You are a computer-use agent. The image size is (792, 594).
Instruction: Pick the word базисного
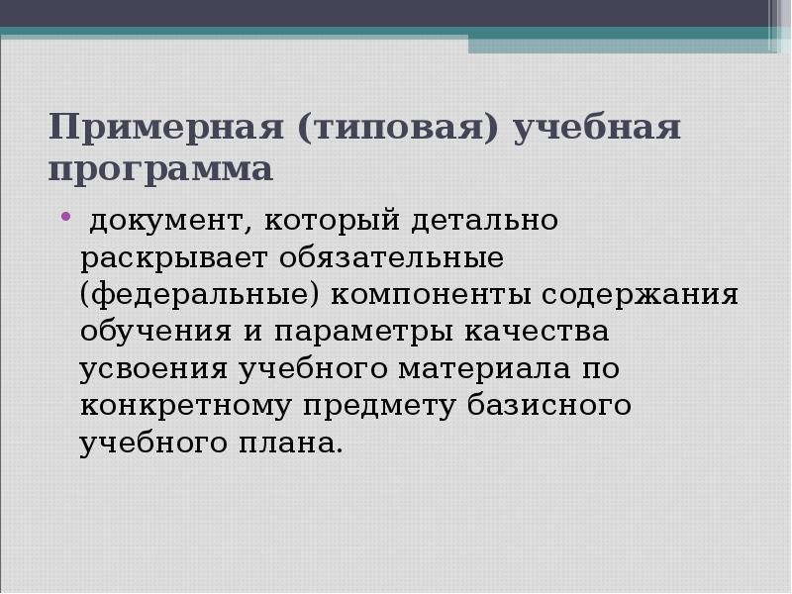point(545,406)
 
